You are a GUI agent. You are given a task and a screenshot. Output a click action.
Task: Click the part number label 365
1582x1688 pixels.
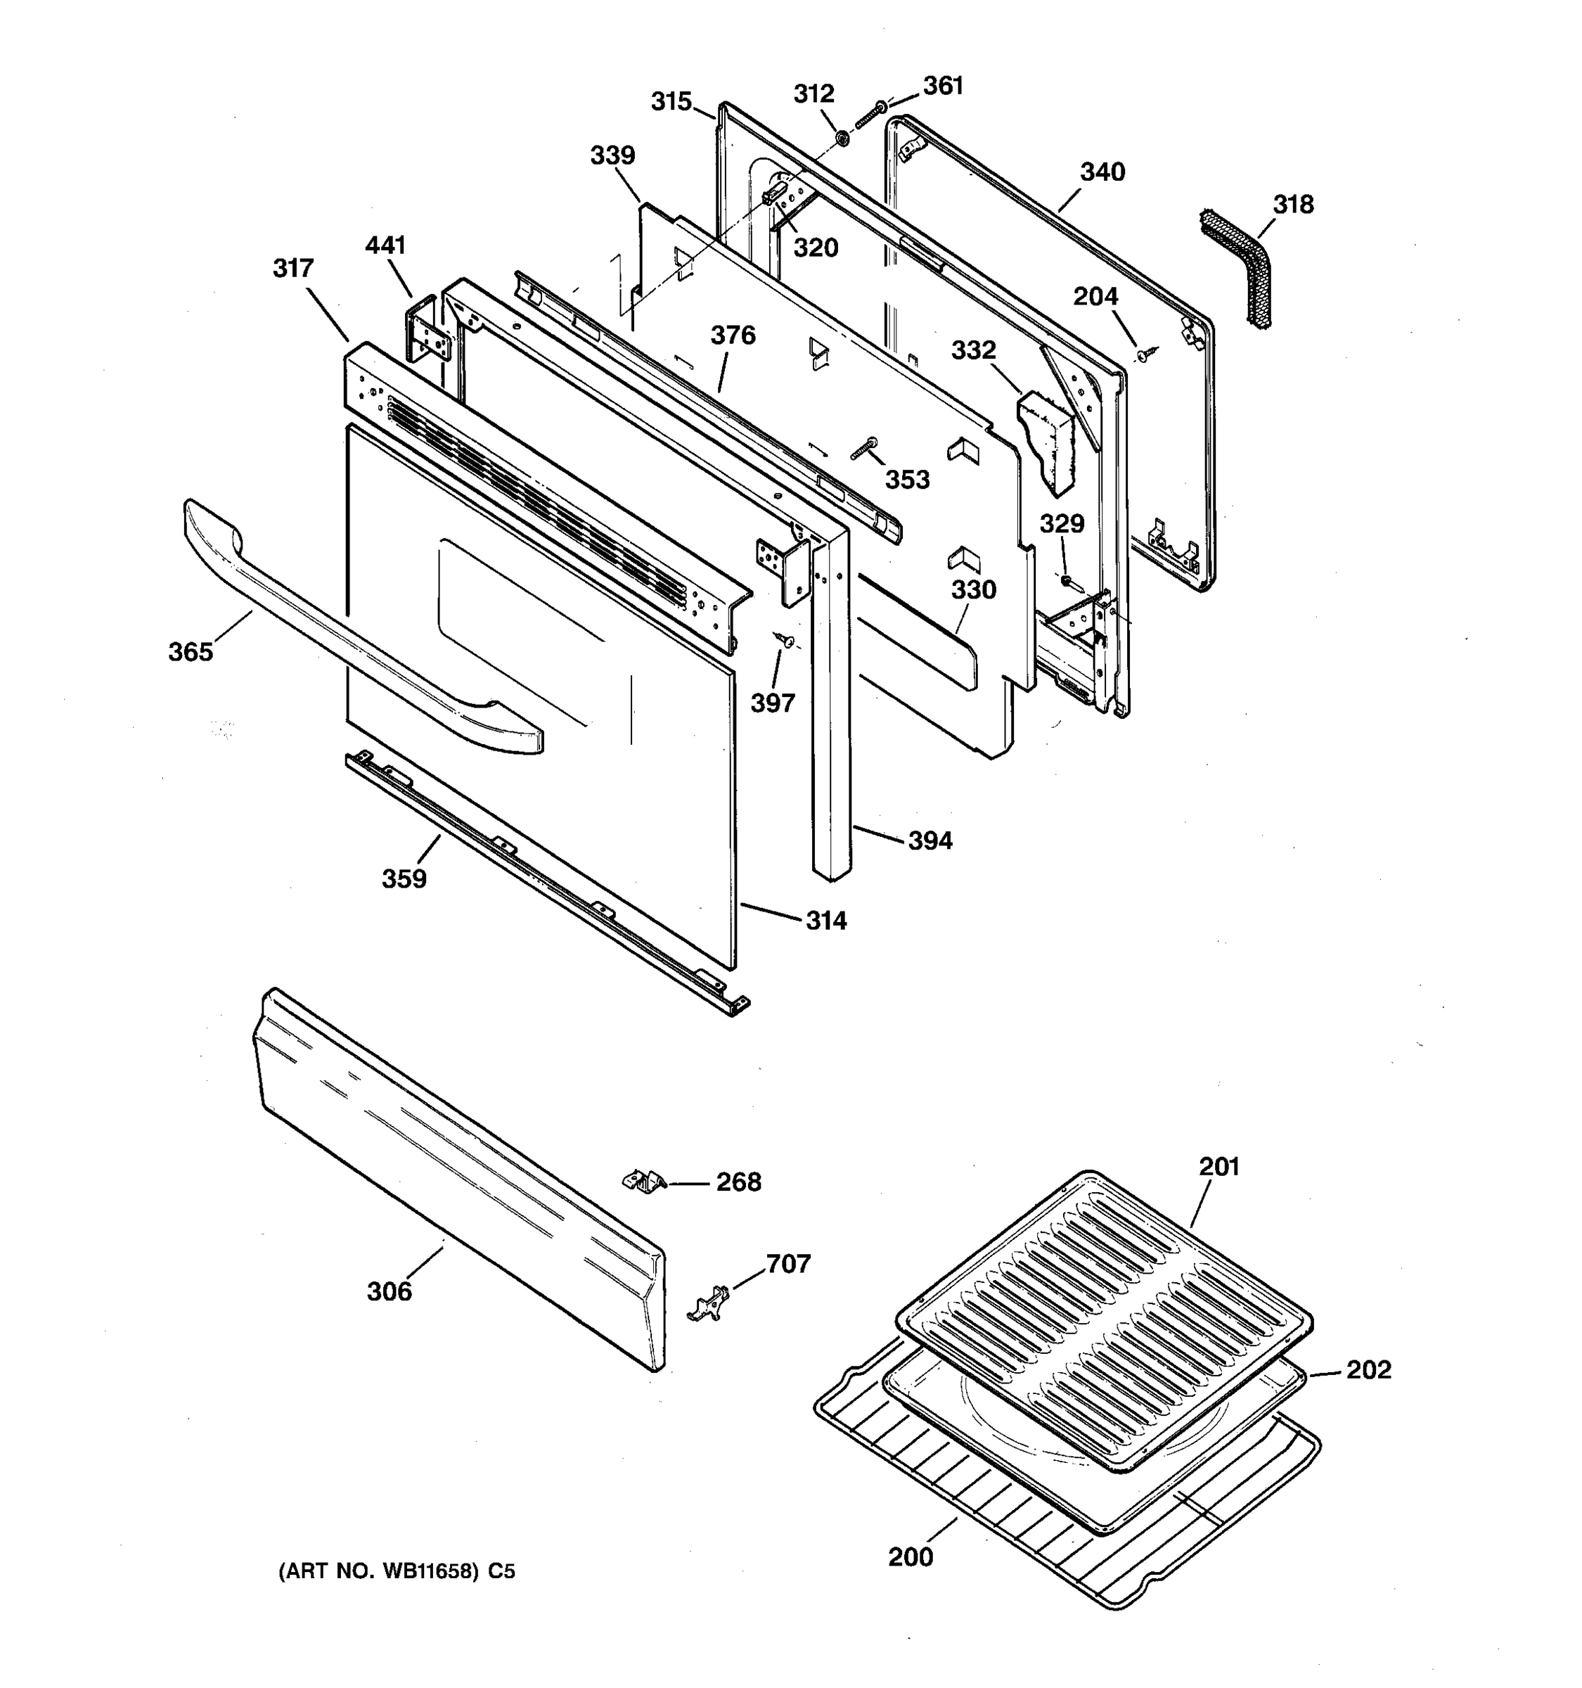coord(190,652)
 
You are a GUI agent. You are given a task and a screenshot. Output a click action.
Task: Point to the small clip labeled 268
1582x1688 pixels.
coord(645,1180)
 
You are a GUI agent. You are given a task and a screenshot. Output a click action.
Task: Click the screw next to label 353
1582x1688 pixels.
coord(864,447)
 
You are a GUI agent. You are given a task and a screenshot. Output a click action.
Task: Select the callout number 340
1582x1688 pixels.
coord(1102,172)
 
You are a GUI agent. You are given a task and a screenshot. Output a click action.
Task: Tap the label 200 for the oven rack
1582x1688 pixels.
coord(911,1557)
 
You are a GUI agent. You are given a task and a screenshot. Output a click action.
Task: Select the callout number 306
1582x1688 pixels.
coord(389,1291)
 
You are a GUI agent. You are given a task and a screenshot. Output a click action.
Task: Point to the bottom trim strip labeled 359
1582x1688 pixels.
coord(544,883)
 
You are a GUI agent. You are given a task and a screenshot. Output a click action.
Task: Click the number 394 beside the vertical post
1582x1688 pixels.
coord(930,840)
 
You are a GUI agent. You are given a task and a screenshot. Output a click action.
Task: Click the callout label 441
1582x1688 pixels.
coord(385,245)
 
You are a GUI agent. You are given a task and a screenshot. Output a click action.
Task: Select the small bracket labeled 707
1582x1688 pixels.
coord(709,1303)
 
